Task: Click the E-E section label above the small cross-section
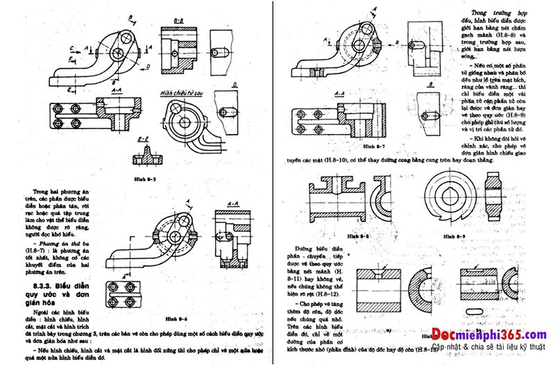[145, 140]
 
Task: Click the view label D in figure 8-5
[235, 84]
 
